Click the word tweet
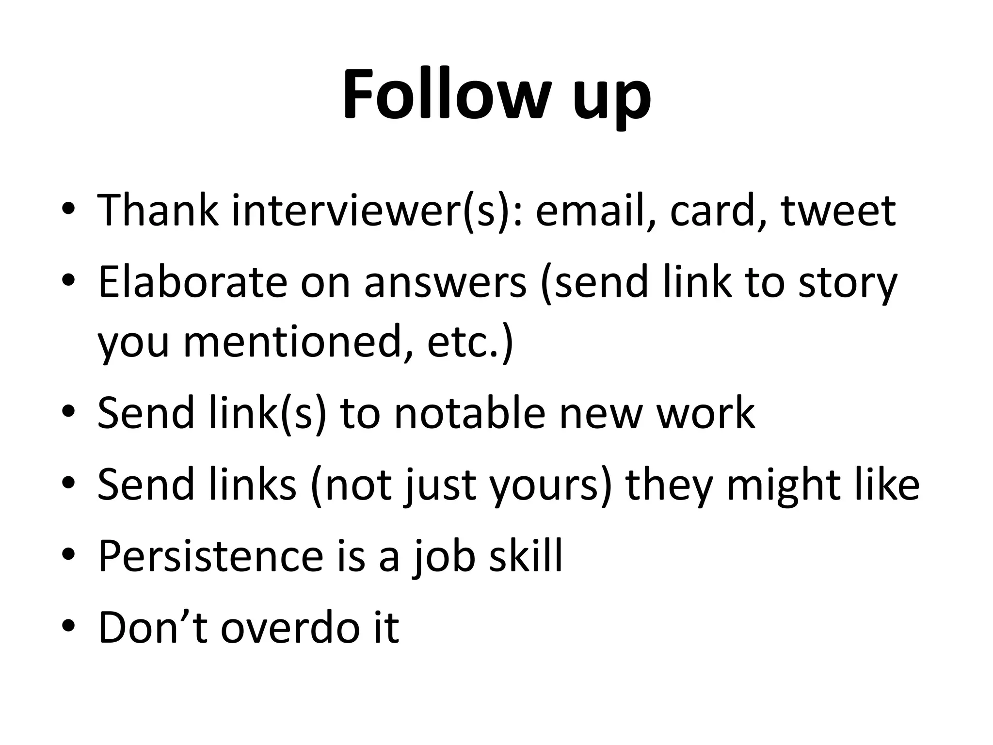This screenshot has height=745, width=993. pos(838,211)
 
